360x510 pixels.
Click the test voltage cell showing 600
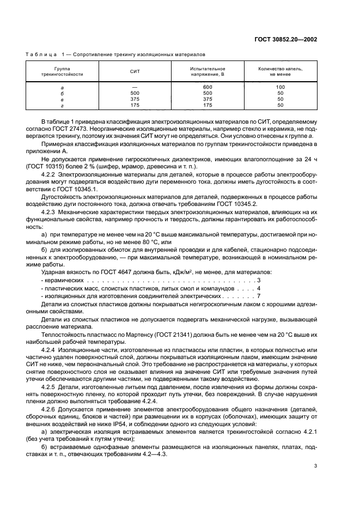(x=207, y=87)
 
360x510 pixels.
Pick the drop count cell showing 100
(x=280, y=87)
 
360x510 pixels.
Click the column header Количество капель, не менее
(x=280, y=71)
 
